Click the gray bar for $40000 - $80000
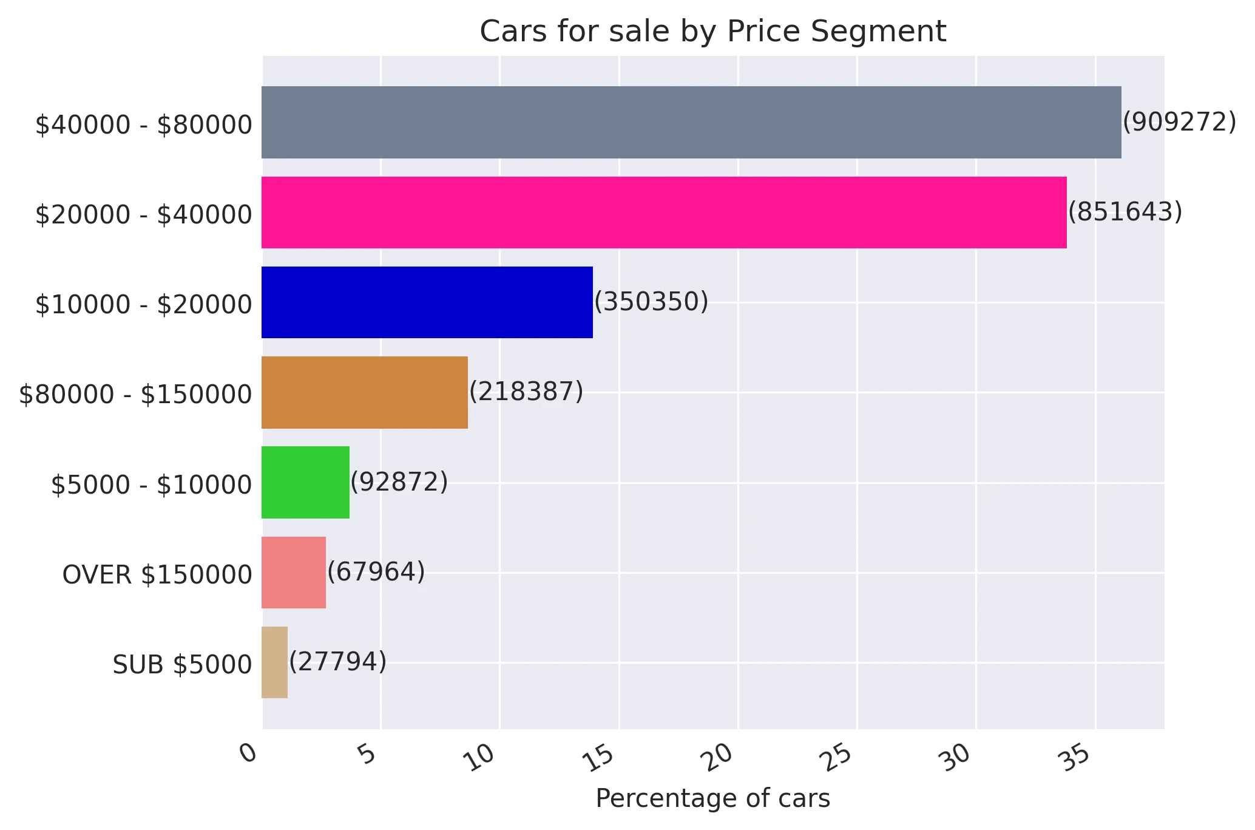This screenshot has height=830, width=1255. coord(691,122)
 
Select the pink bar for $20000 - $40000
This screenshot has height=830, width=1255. coord(664,213)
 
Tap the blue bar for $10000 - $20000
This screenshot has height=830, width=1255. coord(427,302)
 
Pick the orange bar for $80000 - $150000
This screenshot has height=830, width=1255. coord(365,392)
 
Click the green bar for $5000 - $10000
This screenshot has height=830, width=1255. coord(305,482)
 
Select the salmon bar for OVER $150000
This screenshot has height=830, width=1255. coord(294,573)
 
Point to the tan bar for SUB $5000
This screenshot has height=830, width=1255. coord(274,662)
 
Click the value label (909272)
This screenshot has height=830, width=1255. coord(1179,122)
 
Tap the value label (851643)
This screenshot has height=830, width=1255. coord(1125,212)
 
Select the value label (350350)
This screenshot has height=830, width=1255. coord(651,302)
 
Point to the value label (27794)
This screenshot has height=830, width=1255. coord(337,661)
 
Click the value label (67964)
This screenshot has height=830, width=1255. coord(376,572)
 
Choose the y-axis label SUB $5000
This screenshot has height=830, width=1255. coord(182,665)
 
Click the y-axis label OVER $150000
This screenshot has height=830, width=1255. coord(157,575)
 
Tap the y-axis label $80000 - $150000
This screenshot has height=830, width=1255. coord(135,395)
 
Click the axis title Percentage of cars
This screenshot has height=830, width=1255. coord(712,798)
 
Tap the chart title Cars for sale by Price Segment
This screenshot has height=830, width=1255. coord(712,32)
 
